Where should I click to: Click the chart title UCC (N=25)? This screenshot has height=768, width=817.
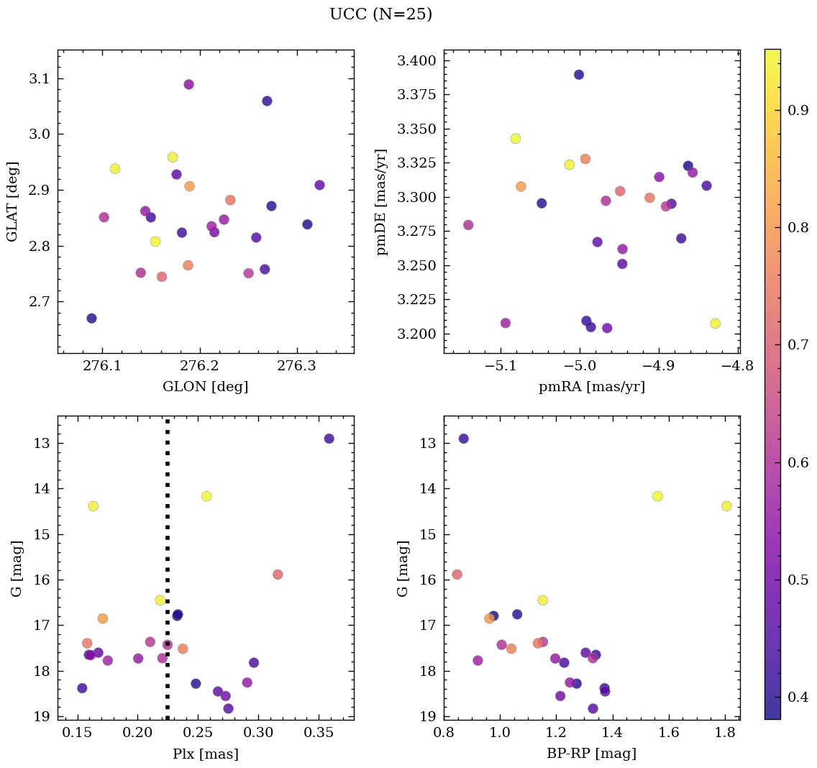coord(380,14)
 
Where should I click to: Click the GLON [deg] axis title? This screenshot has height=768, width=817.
coord(205,387)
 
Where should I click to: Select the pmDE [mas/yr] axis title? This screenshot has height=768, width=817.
coord(381,202)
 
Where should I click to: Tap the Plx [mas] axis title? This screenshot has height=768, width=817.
coord(205,754)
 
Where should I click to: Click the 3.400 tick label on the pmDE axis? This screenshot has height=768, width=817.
coord(416,61)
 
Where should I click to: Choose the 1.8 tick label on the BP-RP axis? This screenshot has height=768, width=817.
coord(726,734)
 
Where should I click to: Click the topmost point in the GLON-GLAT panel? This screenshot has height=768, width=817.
coord(188,84)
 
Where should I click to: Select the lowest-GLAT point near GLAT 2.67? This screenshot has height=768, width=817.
coord(91,318)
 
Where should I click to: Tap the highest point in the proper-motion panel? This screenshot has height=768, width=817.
coord(579,75)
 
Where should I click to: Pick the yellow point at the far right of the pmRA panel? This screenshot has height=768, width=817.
coord(715,324)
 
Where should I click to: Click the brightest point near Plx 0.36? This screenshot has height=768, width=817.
coord(329,439)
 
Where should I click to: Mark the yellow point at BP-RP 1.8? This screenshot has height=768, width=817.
coord(726,506)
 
